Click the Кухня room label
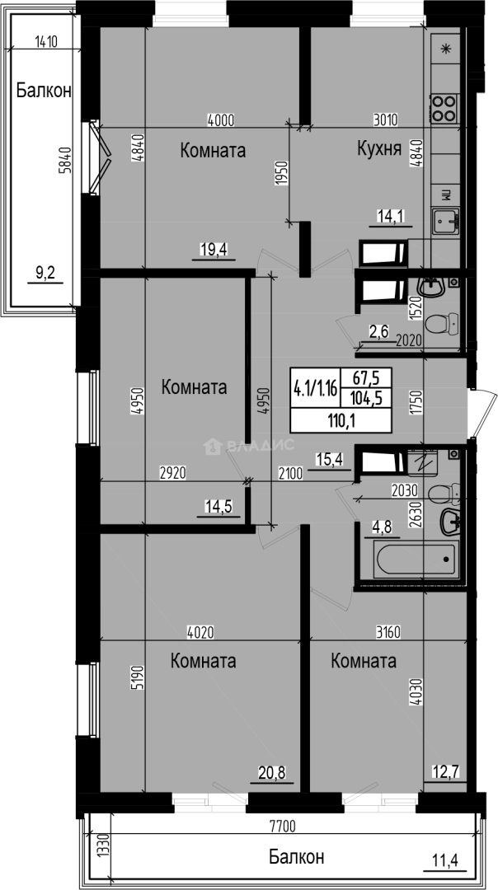click(x=378, y=149)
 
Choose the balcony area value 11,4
click(x=448, y=862)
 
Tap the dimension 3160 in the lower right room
click(x=385, y=633)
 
